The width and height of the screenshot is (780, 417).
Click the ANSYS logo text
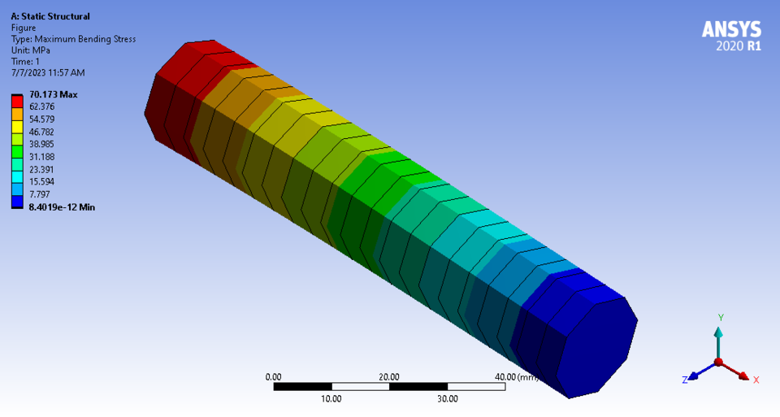point(731,30)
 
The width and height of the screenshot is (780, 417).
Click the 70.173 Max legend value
point(54,95)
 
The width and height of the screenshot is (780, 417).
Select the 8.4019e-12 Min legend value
point(62,208)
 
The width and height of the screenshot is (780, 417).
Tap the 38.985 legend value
point(42,145)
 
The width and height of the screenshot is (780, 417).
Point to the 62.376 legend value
point(42,107)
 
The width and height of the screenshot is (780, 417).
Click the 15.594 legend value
point(42,182)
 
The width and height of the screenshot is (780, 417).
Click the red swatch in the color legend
point(17,101)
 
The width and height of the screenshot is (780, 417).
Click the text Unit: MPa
point(32,50)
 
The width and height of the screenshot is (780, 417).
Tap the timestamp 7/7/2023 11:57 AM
point(48,73)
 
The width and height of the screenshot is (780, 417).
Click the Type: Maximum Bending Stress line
point(73,39)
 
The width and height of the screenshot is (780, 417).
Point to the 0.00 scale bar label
point(274,377)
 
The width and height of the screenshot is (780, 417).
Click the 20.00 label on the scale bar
point(389,377)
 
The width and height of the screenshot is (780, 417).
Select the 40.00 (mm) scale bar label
point(517,377)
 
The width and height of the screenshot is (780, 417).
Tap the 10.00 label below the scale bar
point(331,399)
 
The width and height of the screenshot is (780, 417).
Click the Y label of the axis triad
point(720,317)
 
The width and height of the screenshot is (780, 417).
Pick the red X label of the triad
point(756,380)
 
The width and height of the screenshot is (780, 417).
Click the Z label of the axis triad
point(686,380)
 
